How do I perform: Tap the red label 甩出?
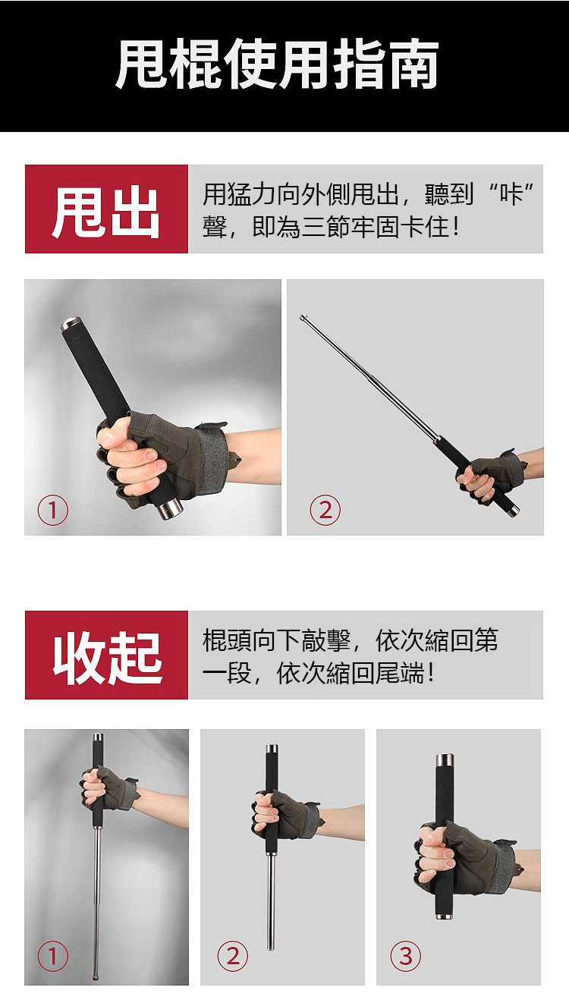click(x=106, y=209)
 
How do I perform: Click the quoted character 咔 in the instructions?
click(x=512, y=194)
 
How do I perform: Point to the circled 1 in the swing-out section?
click(x=53, y=510)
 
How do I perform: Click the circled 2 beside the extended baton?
click(x=325, y=510)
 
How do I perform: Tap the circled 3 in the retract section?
click(x=406, y=955)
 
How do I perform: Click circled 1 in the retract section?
click(x=53, y=955)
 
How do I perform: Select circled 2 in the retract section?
click(x=233, y=955)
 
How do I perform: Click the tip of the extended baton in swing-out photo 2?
click(x=302, y=317)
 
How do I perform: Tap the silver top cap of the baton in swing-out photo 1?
click(x=71, y=324)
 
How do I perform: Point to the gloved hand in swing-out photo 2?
click(x=490, y=477)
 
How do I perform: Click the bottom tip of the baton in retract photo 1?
click(x=95, y=977)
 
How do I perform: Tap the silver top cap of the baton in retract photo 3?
click(x=445, y=762)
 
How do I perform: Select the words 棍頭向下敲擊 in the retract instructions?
click(x=276, y=640)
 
